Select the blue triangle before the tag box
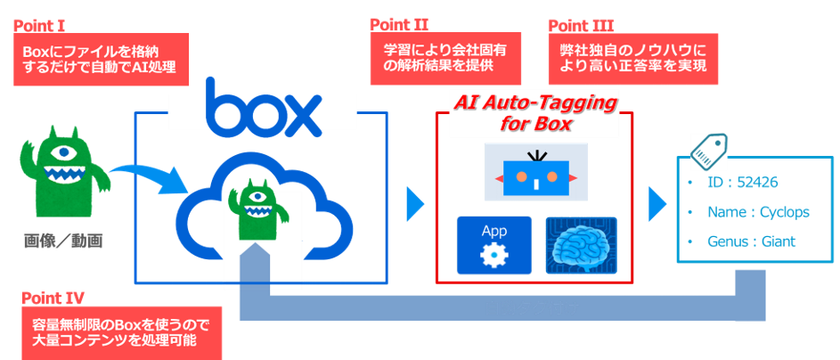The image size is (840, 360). [x=656, y=203]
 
